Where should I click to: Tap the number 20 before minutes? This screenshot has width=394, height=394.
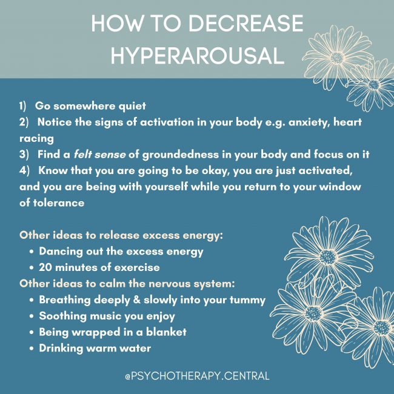click(x=46, y=267)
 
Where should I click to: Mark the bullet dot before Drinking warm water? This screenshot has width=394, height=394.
click(x=31, y=349)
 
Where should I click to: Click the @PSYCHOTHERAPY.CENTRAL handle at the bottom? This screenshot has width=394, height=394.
click(x=197, y=376)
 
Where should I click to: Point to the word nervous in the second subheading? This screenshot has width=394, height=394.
click(x=175, y=284)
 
